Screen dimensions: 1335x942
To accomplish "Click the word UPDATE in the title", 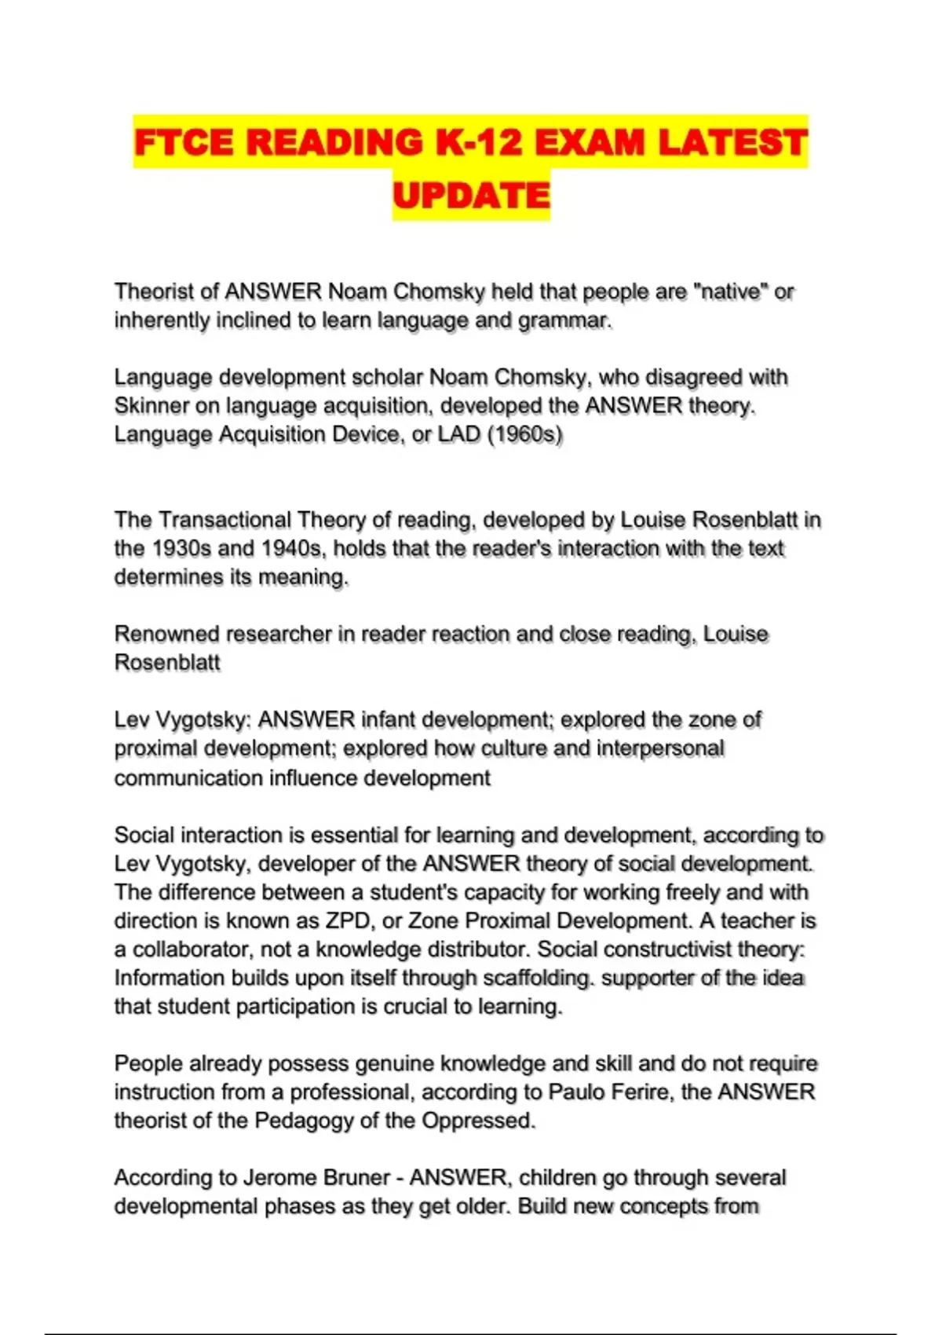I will (471, 196).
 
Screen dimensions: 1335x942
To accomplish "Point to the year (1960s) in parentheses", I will (525, 434).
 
